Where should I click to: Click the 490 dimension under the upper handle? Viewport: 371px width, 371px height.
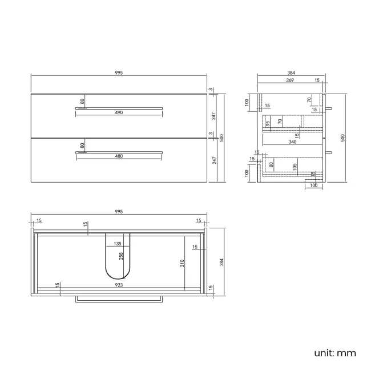[x=119, y=113]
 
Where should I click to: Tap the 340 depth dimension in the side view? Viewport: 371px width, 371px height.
[x=292, y=142]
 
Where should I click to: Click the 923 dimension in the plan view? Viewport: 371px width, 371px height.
[x=119, y=284]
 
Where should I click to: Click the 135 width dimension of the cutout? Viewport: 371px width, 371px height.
[x=118, y=244]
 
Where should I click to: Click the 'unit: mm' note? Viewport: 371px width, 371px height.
[x=334, y=353]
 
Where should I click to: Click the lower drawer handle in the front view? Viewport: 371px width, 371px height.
[x=119, y=152]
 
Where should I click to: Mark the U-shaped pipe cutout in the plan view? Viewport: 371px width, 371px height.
[x=118, y=257]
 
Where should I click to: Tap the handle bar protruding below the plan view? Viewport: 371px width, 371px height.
[x=119, y=299]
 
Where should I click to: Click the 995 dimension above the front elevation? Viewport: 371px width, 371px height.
[x=119, y=73]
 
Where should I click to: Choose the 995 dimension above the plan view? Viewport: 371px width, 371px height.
[x=119, y=211]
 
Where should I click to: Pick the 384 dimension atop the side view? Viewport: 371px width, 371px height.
[x=291, y=73]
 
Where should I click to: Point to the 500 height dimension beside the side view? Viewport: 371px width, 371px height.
[x=343, y=138]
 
